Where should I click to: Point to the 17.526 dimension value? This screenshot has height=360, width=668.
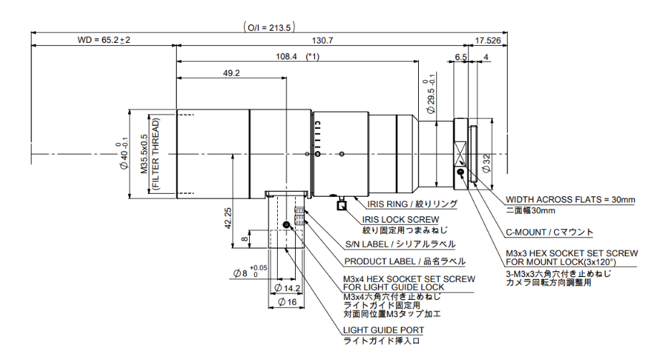488,41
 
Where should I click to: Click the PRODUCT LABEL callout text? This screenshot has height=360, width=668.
404,261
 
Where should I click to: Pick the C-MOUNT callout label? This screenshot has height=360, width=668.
550,232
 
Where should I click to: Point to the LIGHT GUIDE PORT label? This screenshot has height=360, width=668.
384,330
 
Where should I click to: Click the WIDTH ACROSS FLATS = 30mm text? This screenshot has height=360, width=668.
571,200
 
